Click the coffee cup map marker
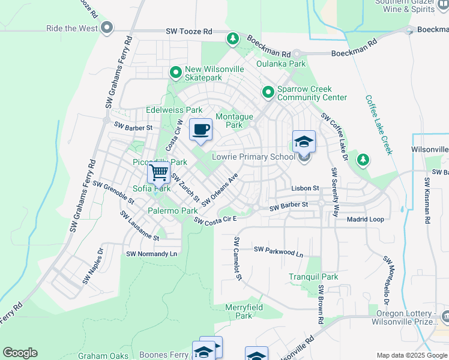click(x=200, y=130)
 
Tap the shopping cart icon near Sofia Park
click(x=159, y=173)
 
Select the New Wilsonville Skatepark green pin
click(x=176, y=73)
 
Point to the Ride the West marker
click(x=107, y=28)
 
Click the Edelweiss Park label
click(x=174, y=110)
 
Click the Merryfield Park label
click(x=243, y=311)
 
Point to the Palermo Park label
click(x=173, y=211)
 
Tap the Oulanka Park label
click(x=281, y=64)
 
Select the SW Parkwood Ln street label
click(x=278, y=251)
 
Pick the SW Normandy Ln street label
click(x=152, y=254)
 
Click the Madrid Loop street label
click(x=365, y=219)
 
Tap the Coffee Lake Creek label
click(x=379, y=125)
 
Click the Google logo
click(x=20, y=353)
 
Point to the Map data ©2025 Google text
click(x=411, y=355)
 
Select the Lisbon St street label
click(x=305, y=188)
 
